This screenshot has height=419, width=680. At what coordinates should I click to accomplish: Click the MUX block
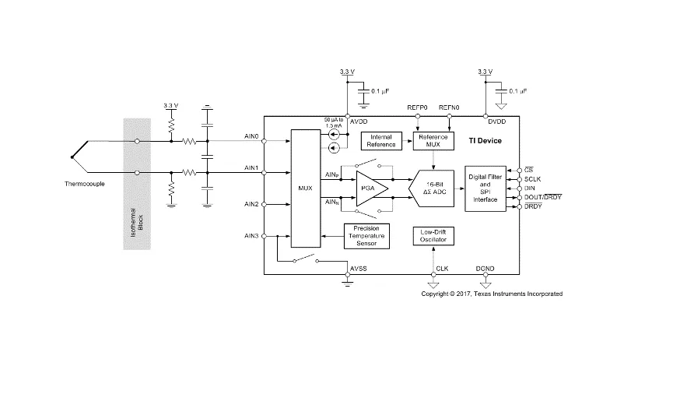click(305, 188)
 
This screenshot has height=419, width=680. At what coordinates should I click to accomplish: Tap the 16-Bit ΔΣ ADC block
click(432, 188)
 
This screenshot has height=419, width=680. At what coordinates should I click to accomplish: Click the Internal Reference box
click(381, 141)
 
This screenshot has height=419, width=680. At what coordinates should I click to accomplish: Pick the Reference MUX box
click(433, 141)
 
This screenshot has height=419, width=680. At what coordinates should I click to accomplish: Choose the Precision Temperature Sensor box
click(366, 236)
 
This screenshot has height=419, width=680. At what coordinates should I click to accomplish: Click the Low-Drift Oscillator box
click(433, 236)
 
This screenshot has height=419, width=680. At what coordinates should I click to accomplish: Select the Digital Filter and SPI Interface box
click(485, 188)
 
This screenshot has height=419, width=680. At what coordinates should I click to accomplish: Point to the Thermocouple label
click(85, 184)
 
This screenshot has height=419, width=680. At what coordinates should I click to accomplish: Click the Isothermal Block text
click(137, 222)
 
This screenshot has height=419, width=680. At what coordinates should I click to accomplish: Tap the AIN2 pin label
click(251, 204)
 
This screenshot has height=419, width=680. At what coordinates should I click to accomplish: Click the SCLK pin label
click(532, 179)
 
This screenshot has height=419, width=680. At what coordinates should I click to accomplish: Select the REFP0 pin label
click(417, 107)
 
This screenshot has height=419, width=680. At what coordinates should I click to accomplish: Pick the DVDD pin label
click(497, 121)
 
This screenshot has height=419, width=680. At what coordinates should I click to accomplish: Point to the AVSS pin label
click(358, 269)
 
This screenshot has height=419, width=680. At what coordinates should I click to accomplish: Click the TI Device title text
click(485, 141)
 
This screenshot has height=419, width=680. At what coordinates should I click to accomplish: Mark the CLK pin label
click(443, 269)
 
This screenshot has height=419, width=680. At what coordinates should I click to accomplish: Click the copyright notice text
click(492, 294)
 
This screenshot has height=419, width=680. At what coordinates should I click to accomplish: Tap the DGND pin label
click(485, 269)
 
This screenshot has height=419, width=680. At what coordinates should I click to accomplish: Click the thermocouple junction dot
click(72, 157)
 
